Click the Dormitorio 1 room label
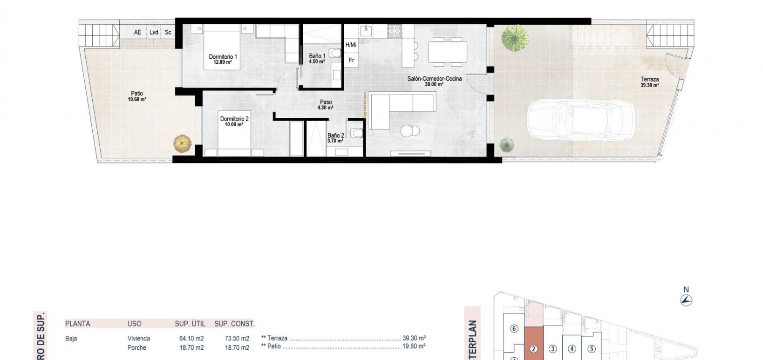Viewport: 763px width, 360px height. pyautogui.click(x=223, y=59)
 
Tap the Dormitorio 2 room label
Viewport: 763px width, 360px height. pyautogui.click(x=234, y=122)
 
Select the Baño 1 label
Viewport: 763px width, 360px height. pyautogui.click(x=317, y=58)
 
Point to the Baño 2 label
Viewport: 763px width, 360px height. pyautogui.click(x=335, y=138)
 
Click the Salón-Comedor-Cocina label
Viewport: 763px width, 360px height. pyautogui.click(x=434, y=81)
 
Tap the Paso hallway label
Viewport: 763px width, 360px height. pyautogui.click(x=326, y=105)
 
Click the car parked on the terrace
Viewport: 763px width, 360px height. pyautogui.click(x=580, y=119)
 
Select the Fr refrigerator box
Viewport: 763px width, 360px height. pyautogui.click(x=351, y=60)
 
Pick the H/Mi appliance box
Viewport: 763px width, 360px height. pyautogui.click(x=351, y=45)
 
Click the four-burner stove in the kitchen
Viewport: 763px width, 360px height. pyautogui.click(x=395, y=31)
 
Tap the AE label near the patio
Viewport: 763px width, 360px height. pyautogui.click(x=137, y=32)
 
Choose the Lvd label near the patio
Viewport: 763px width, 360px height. pyautogui.click(x=153, y=32)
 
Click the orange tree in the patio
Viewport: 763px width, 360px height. pyautogui.click(x=183, y=143)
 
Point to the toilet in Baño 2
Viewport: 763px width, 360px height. pyautogui.click(x=356, y=133)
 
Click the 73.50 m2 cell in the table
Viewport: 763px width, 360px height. pyautogui.click(x=237, y=339)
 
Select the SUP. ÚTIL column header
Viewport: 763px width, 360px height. pyautogui.click(x=190, y=324)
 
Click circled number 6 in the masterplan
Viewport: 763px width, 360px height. pyautogui.click(x=514, y=329)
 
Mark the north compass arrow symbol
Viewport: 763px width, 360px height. pyautogui.click(x=686, y=300)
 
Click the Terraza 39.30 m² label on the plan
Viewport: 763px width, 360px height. pyautogui.click(x=649, y=82)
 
